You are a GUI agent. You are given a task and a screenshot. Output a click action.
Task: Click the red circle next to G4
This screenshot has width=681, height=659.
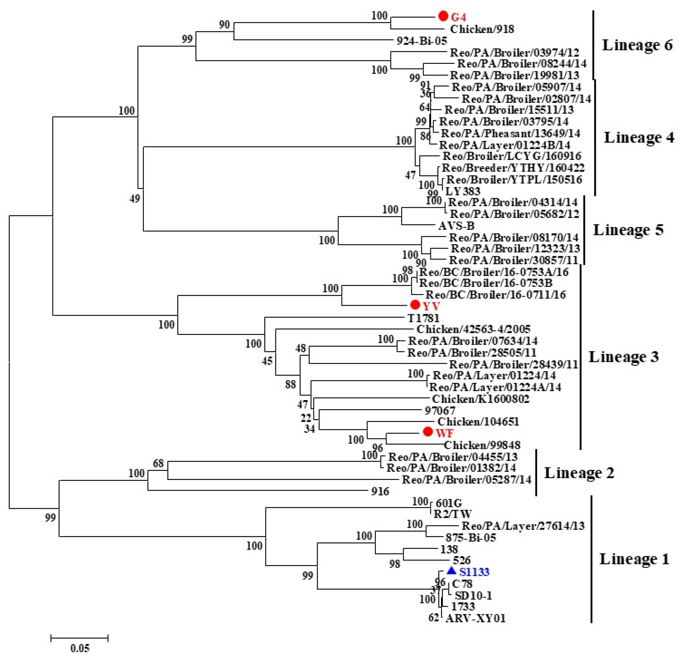pos(443,16)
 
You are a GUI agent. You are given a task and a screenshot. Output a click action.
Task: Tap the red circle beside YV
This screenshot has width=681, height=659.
pos(415,305)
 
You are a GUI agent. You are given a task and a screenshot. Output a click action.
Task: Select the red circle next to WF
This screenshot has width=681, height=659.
pos(428,432)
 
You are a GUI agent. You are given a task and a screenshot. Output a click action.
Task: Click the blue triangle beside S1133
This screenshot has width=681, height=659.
pos(451,571)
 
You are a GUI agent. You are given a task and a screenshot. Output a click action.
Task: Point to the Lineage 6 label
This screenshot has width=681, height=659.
pos(637,45)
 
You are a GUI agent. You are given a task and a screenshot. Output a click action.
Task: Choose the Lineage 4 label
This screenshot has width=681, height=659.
pos(639,137)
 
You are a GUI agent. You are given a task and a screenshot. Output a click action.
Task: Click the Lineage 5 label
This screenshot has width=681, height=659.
pos(628,230)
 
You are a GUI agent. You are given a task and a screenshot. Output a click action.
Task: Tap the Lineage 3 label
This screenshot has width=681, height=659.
pos(624,357)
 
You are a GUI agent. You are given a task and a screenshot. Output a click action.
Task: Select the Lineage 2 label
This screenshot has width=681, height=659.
pos(579,473)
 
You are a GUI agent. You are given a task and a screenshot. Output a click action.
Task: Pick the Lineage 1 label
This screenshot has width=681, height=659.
pos(634,559)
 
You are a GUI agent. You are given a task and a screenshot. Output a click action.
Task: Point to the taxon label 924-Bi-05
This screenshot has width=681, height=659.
pos(422,41)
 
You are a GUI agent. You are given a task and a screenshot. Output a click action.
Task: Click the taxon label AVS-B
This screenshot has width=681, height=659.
pos(456,226)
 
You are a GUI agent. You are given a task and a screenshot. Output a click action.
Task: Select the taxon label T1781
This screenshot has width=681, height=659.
pos(423,318)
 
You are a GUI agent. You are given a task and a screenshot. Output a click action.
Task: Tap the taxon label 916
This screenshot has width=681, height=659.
pos(380,491)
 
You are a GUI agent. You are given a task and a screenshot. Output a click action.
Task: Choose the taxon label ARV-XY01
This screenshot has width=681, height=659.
pos(475,618)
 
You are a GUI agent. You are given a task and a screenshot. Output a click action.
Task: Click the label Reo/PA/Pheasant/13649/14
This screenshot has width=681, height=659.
pos(510,133)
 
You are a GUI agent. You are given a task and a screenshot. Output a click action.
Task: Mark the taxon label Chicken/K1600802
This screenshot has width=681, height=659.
pos(481,399)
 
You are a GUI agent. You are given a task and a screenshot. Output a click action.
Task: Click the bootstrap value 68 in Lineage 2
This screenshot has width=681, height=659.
pos(158,463)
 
